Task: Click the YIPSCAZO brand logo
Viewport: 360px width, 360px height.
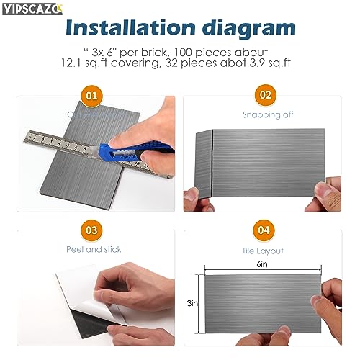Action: [31, 8]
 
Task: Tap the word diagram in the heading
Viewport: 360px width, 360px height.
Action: [248, 28]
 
